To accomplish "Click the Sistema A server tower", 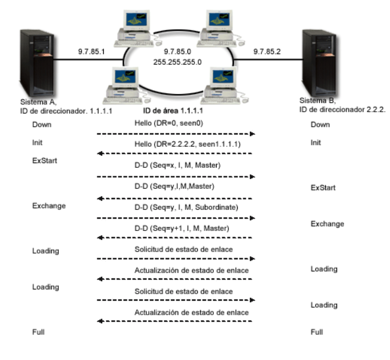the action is (37, 63).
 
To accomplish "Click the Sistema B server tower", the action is (320, 63).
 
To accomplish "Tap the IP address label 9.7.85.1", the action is (91, 52).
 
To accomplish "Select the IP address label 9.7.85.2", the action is (267, 52).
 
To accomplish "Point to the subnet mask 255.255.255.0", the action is (177, 62).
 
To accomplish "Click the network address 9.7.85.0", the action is (177, 52).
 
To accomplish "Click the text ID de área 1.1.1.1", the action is (173, 111).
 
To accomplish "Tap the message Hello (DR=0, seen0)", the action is (169, 123).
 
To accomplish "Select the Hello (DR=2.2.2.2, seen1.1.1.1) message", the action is (187, 144).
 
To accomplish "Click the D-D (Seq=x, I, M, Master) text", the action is (177, 165).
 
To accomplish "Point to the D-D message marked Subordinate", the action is (186, 207).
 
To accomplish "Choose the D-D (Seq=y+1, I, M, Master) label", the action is (182, 228).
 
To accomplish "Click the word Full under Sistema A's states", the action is (38, 332).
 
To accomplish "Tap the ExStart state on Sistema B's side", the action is (323, 188).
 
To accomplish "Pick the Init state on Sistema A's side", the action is (37, 142).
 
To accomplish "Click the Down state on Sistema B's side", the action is (320, 125).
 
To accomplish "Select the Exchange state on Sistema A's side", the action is (49, 206).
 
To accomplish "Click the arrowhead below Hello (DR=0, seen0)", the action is (252, 134).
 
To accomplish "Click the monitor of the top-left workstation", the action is (137, 21).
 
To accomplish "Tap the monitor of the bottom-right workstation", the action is (223, 77).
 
